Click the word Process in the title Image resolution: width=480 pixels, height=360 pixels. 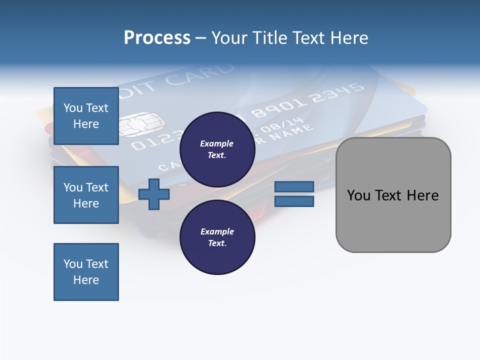pos(157,38)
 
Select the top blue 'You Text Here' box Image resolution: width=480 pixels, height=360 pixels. pos(86,116)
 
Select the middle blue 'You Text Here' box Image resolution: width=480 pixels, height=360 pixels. pos(86,195)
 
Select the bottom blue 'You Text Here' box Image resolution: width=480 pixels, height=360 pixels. pos(86,272)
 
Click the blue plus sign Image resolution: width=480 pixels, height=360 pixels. pos(154,194)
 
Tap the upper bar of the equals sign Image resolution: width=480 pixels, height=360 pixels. pos(294,186)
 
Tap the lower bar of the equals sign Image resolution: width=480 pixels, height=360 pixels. pos(294,201)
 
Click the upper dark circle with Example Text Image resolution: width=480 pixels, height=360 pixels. pos(217,149)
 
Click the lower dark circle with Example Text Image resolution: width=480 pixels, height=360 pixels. pos(217,237)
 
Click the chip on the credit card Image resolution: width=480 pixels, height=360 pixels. pos(141,124)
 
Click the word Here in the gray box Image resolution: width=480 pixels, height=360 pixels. pos(422,195)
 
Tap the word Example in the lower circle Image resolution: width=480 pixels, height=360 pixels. pos(217,231)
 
